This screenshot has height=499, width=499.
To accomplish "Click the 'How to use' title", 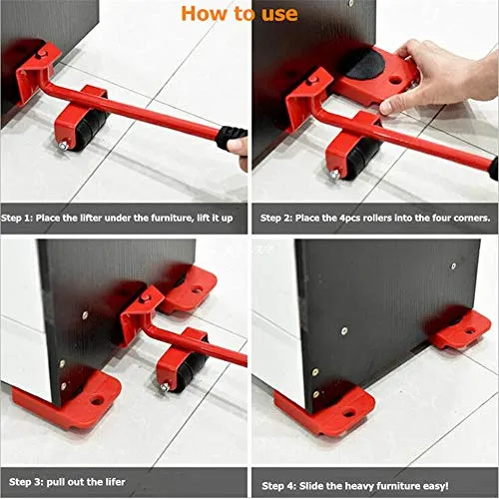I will pos(239,13).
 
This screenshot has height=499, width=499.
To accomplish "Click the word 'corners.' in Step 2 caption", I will pos(468,217).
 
